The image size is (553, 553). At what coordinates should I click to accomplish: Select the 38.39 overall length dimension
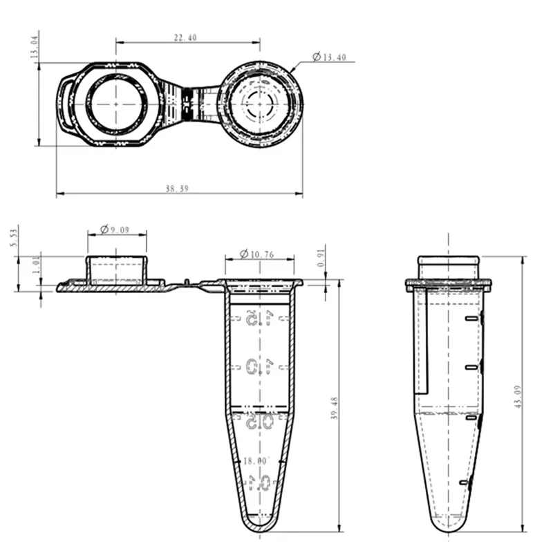[177, 189]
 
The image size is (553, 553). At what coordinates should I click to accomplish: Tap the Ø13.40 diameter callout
[329, 57]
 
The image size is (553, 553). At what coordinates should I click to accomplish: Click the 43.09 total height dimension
[517, 401]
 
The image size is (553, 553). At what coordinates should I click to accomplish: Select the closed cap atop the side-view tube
[448, 268]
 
